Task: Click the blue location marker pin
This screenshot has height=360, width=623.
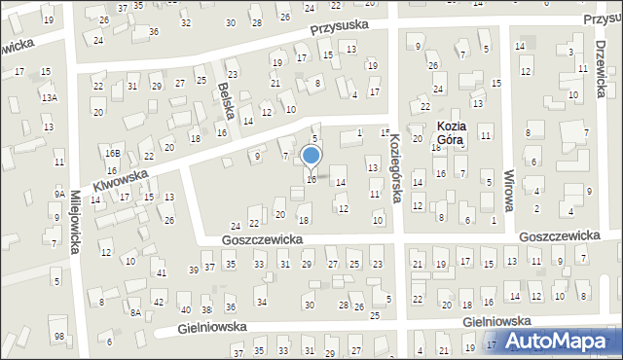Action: coord(311,156)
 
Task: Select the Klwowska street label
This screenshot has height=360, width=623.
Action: coord(120,177)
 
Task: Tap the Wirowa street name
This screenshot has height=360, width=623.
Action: coord(508,186)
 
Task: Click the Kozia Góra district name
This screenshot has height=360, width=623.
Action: coord(450,132)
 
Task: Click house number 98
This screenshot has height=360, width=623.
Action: coord(59,336)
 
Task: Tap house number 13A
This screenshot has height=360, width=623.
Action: coord(49,98)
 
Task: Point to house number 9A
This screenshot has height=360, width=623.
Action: coord(59,194)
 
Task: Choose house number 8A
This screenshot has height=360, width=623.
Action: coord(136,312)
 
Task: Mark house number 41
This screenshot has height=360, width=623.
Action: coord(162,271)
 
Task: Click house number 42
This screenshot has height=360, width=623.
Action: coord(159,303)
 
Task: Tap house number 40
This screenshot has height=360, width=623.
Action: coord(185,309)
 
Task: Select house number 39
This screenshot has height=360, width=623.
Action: coord(193,268)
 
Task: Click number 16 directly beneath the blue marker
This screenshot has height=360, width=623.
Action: coord(311,179)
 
